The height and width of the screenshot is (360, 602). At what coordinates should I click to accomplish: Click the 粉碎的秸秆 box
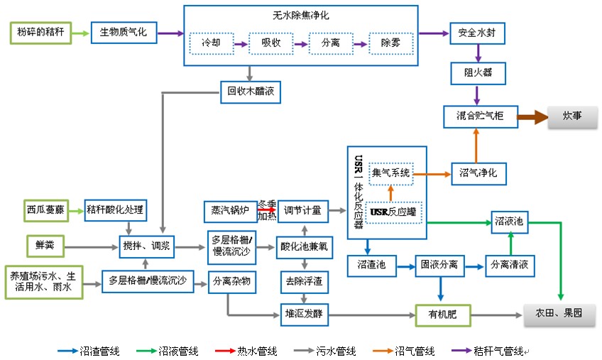click(x=40, y=33)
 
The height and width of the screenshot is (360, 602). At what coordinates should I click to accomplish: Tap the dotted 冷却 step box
click(x=211, y=43)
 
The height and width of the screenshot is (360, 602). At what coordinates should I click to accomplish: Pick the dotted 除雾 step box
click(x=390, y=43)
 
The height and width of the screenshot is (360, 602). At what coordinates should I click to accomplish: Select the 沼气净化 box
click(x=478, y=173)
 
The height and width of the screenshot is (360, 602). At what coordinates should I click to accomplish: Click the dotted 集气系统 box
click(x=391, y=172)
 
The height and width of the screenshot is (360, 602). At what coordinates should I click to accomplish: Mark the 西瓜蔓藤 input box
click(x=45, y=209)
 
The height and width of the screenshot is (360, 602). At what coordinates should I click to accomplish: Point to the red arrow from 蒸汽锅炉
click(x=267, y=209)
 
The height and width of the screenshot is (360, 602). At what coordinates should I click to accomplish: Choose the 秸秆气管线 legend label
click(x=498, y=351)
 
